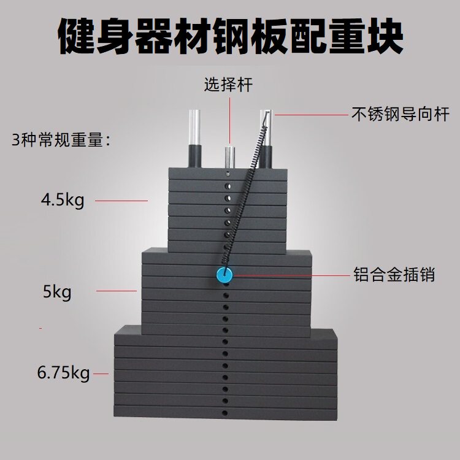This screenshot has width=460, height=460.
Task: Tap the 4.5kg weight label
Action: point(62,199)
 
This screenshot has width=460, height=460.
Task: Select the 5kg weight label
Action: point(58,292)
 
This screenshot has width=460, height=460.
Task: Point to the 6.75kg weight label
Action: point(64,372)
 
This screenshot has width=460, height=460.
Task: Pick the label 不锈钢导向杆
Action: point(400,114)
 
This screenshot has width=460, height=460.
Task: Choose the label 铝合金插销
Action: point(394,274)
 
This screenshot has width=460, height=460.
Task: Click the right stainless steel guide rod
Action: point(266,138)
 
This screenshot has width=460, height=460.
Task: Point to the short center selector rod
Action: point(228,156)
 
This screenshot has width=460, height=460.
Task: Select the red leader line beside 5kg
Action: point(117,291)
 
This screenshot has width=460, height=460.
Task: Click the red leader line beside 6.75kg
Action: point(101,373)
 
